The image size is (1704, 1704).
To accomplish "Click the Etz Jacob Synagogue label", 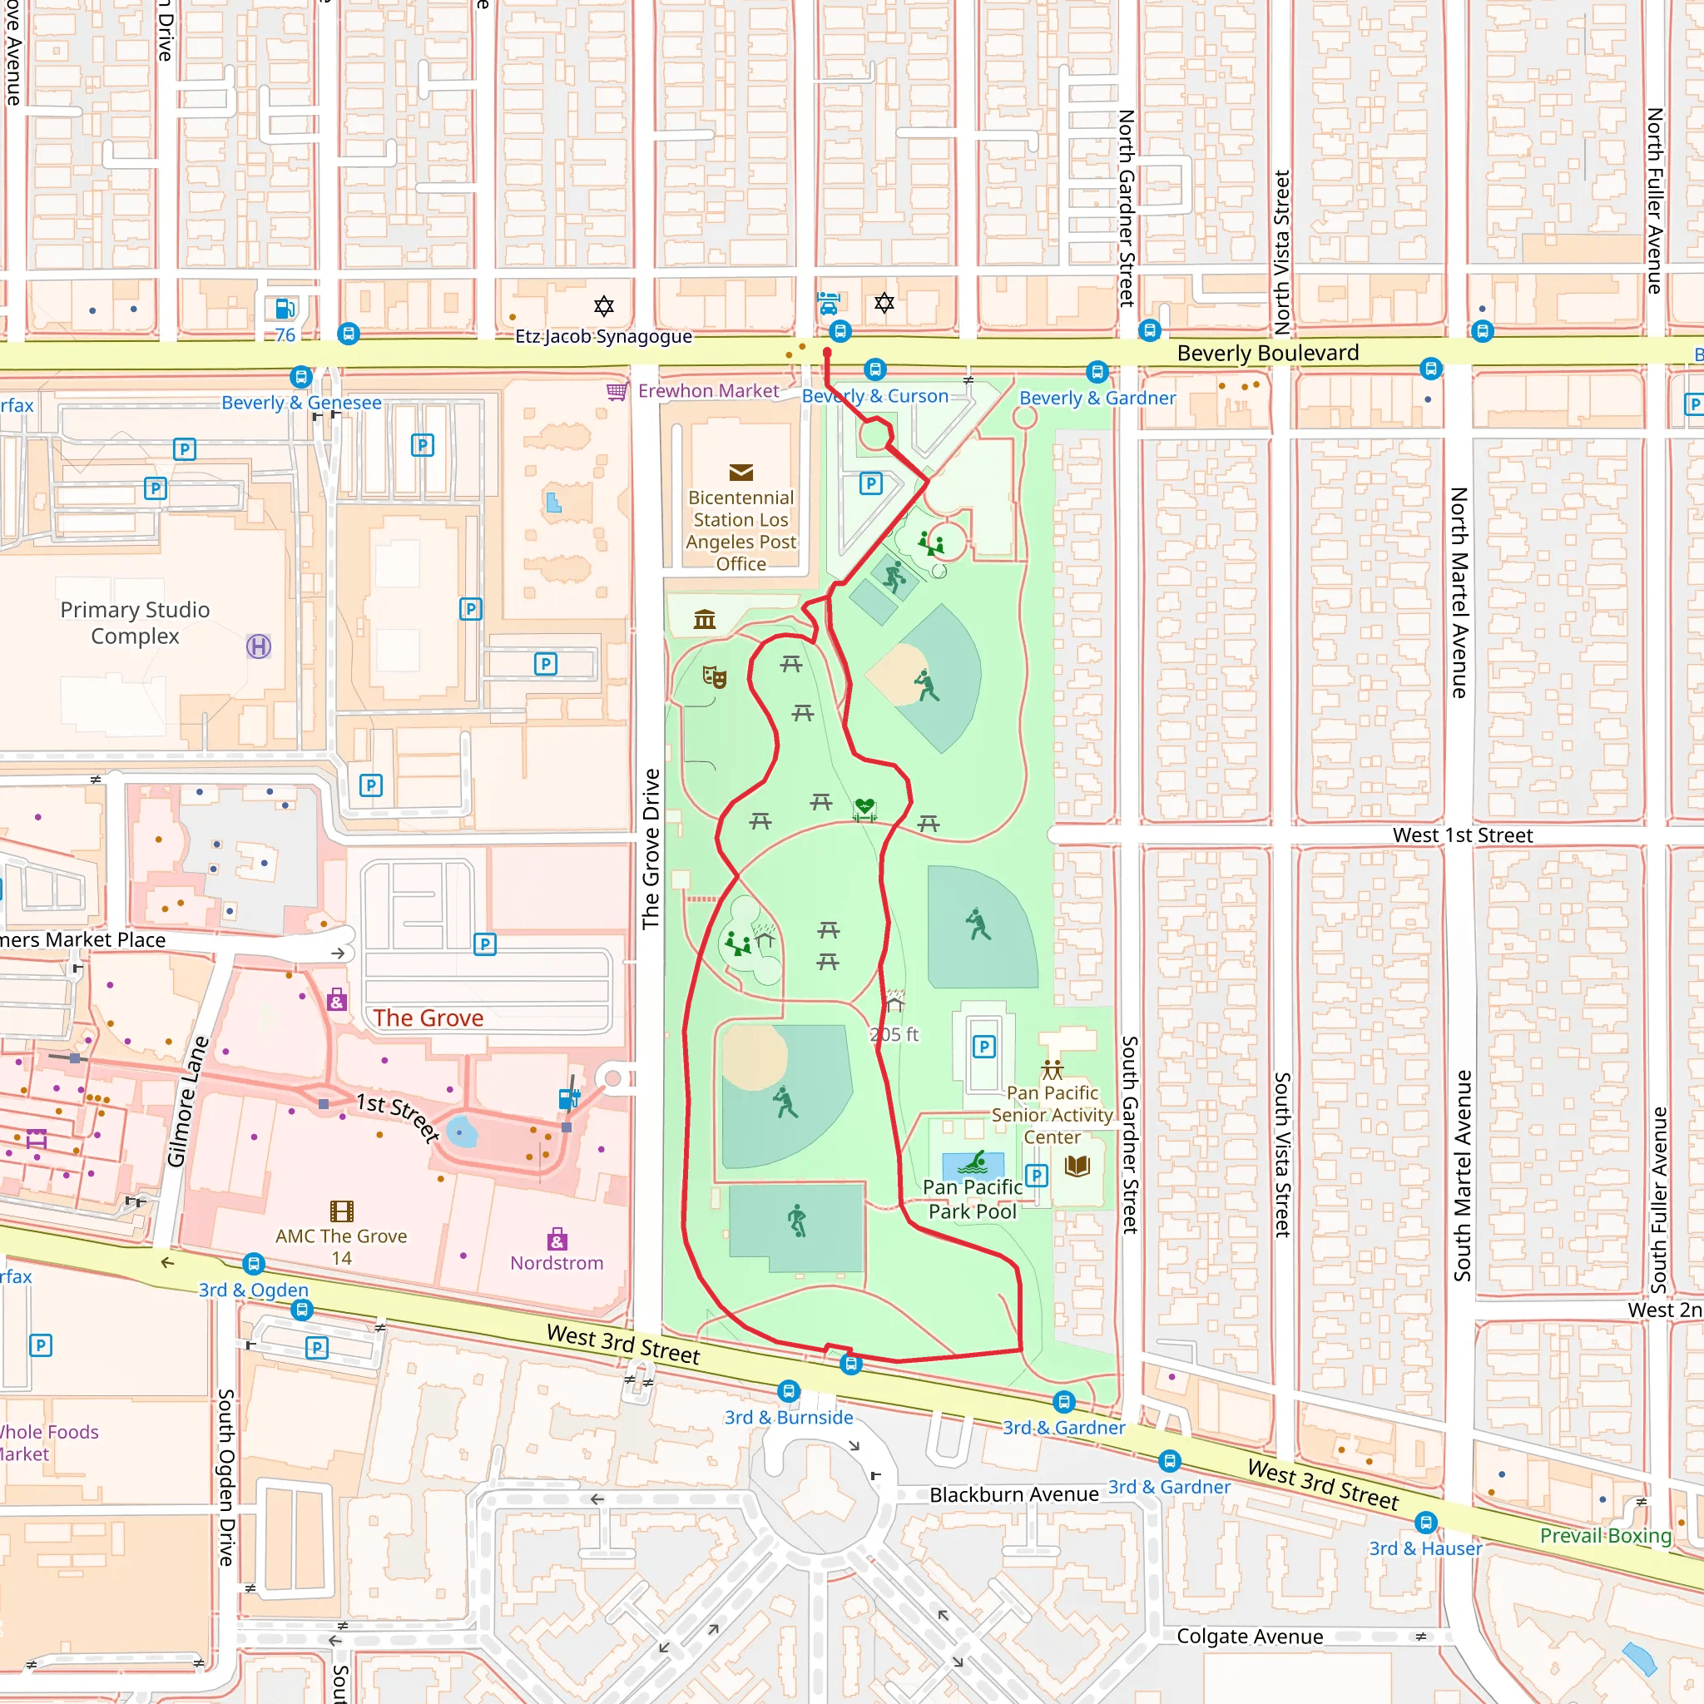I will click(603, 336).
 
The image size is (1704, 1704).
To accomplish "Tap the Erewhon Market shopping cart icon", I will click(617, 391).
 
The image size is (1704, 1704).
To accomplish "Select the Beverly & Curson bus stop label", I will click(875, 396).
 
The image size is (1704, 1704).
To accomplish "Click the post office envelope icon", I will click(741, 473).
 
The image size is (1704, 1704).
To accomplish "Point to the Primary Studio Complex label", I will click(135, 622).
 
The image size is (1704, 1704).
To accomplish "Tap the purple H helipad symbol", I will click(259, 646).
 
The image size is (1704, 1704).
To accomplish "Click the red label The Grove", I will click(428, 1018).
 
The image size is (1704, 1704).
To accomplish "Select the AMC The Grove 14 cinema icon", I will click(341, 1211).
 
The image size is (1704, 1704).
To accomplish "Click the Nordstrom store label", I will click(557, 1263).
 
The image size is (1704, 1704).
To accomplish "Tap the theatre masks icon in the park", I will click(715, 677).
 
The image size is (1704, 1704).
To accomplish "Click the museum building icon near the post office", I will click(705, 619).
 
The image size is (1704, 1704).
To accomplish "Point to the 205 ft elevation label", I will click(894, 1034).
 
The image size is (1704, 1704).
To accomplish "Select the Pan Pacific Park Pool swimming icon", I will click(972, 1163).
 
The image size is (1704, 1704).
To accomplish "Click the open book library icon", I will click(1077, 1166).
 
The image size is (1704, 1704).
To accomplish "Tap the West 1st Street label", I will click(1463, 835).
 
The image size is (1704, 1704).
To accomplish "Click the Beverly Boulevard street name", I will click(1267, 353).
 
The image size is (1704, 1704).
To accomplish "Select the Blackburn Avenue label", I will click(1014, 1494).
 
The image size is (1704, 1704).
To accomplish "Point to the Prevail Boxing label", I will click(1605, 1536).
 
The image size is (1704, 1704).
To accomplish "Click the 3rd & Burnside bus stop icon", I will click(789, 1391).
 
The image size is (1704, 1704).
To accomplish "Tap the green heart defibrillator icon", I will click(864, 806).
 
